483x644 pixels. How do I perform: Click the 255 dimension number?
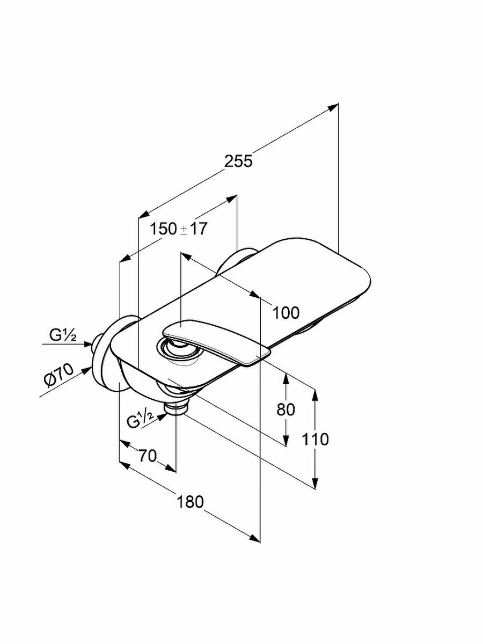(x=238, y=160)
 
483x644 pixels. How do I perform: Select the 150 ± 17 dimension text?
(x=179, y=229)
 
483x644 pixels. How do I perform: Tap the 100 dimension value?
(x=285, y=312)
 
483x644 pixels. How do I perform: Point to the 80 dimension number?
(x=286, y=409)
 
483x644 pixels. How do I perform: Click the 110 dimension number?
(x=314, y=440)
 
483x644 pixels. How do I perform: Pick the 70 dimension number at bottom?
(x=147, y=456)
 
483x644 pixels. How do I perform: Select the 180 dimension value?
(x=191, y=502)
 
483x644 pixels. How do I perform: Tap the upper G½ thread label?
(x=63, y=336)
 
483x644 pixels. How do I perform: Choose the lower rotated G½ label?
(x=141, y=420)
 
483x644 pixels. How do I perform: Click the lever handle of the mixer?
(x=215, y=341)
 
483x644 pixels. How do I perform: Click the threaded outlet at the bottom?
(x=177, y=406)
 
